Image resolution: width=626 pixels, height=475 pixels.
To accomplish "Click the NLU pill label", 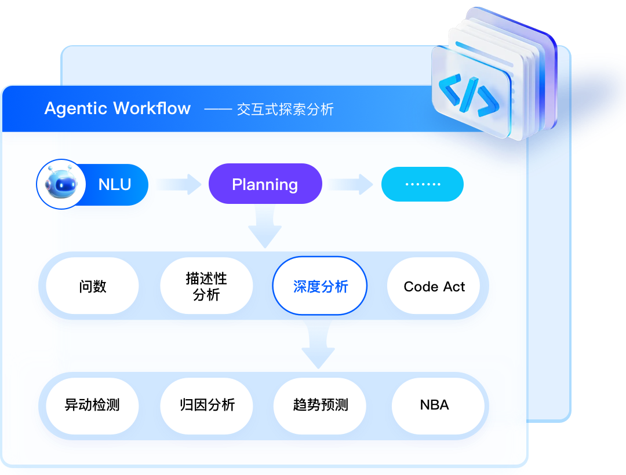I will point(115,185).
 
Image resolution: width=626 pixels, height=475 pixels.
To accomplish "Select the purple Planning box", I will point(265,184).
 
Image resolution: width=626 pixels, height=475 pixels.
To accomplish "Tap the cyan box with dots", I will point(422,184).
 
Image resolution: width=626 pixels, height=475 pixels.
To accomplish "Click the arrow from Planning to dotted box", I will point(351,185).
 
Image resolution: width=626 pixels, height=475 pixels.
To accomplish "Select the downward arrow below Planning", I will point(265,228).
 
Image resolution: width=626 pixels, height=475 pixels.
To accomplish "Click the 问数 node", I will point(92,286).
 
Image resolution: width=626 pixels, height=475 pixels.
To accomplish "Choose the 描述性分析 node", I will point(206,286).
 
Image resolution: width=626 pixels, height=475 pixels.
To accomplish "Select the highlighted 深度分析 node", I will point(320,286).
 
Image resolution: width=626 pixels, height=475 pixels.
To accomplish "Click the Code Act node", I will point(434,286).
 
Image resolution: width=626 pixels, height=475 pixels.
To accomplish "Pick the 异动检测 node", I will point(92,404).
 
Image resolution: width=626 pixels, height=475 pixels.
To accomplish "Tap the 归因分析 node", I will point(206,404).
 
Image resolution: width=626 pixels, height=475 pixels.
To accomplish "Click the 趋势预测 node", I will point(320,404).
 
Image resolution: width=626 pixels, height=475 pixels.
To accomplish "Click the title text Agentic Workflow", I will point(117,108).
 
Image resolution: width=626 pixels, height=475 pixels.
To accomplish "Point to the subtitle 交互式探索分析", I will point(285,109).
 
